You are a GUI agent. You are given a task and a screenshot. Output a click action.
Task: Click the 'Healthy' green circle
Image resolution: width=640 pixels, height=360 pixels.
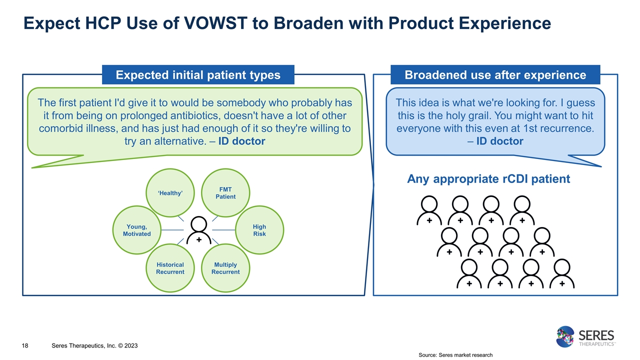tap(170, 193)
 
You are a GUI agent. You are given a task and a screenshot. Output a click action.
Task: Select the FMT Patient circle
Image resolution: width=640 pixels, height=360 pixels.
tap(225, 193)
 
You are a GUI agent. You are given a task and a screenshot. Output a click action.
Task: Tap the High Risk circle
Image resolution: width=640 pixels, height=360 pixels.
tap(259, 230)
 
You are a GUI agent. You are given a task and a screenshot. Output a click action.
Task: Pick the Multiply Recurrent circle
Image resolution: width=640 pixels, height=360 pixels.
tap(225, 268)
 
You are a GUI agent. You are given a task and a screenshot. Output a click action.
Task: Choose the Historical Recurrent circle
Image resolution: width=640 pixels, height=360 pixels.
tap(170, 268)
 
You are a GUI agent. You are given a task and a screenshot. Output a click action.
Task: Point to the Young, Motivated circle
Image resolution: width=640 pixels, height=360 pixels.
tap(136, 230)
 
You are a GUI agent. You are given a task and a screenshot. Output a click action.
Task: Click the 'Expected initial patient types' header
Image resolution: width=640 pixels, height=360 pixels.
tap(198, 75)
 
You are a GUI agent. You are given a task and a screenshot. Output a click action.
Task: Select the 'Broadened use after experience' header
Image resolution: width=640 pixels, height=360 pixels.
tap(495, 75)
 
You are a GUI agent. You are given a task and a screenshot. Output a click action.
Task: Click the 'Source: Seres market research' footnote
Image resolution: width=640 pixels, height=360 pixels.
tap(455, 355)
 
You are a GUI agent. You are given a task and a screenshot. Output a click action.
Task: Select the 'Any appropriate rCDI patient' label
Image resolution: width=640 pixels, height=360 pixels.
tap(488, 179)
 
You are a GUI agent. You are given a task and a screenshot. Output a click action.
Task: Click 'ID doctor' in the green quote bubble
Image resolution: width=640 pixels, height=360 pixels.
tap(241, 141)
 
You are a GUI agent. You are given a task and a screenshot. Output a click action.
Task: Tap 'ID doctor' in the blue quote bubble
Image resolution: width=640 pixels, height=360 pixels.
tap(499, 141)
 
